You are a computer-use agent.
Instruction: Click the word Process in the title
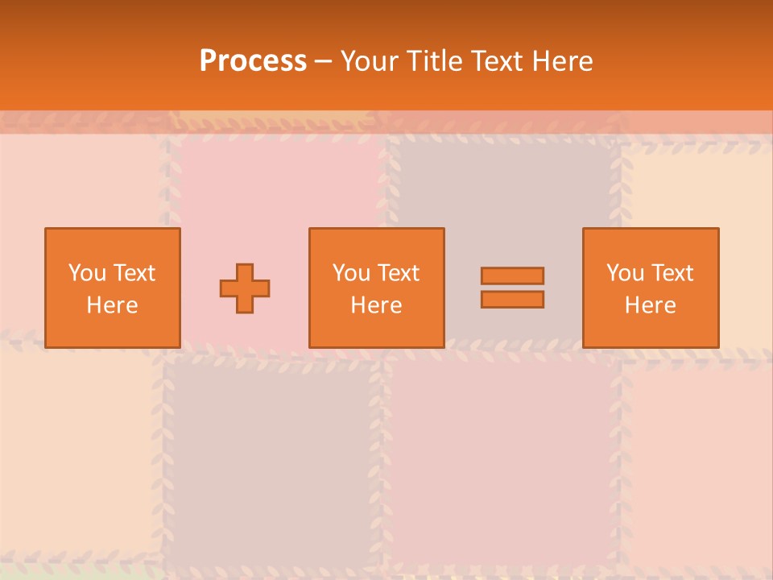pos(253,61)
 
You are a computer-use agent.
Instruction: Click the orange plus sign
pos(245,288)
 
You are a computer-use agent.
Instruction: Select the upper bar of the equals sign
pos(512,275)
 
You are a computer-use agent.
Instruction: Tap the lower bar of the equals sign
pos(512,300)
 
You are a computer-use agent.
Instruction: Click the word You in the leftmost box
pos(87,273)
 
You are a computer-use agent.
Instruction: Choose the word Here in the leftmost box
pos(112,305)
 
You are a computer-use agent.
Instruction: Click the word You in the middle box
pos(351,273)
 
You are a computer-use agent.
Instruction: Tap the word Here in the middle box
pos(376,305)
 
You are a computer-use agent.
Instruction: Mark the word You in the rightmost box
pos(625,273)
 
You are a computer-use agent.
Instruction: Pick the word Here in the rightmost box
pos(650,305)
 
